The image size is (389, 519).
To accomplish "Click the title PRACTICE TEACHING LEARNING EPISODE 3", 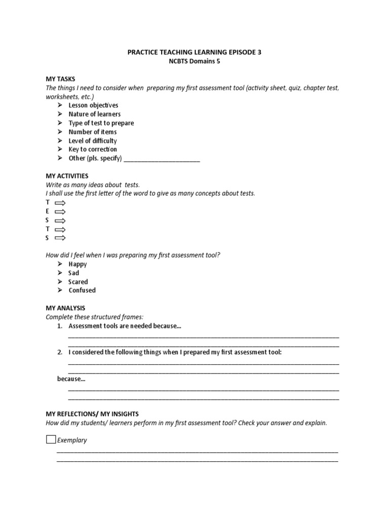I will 194,52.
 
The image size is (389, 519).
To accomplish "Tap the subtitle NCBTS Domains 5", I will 194,61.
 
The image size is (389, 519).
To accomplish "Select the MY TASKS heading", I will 60,79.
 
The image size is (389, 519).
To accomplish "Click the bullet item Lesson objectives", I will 93,105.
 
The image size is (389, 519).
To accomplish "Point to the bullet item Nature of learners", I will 94,114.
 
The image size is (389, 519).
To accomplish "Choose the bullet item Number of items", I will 93,132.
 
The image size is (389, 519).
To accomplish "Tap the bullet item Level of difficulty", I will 93,140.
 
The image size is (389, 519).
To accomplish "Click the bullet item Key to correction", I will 93,150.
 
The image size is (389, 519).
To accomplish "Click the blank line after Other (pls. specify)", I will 162,159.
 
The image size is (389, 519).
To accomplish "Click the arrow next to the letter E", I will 60,211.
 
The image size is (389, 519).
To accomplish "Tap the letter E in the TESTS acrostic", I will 48,211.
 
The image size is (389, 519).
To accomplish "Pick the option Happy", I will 77,264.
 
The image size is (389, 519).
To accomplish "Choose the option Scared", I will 78,282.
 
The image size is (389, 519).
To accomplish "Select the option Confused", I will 82,290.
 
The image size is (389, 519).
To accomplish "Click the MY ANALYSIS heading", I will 65,308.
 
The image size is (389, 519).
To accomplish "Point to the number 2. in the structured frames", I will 60,352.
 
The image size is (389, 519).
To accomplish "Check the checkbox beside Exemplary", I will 51,439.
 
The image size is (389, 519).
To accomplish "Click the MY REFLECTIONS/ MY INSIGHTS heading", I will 92,414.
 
